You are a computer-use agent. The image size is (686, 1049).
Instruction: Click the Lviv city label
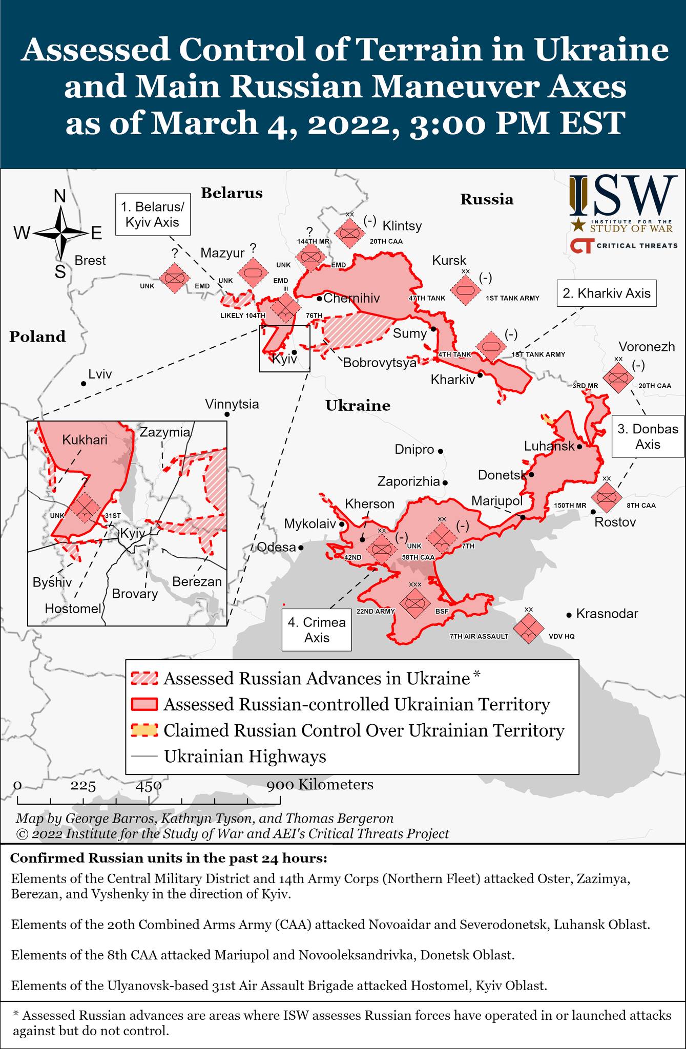tap(100, 374)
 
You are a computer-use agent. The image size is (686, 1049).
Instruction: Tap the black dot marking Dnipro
tap(440, 451)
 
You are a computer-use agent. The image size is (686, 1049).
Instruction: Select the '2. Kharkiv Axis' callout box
tap(607, 293)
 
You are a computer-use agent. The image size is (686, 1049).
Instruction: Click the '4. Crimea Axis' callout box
tap(317, 630)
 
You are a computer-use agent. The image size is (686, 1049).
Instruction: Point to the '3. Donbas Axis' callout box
tap(648, 436)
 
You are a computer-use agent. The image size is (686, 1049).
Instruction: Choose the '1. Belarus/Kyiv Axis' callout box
tap(153, 215)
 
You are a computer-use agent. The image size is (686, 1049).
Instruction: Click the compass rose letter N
tap(60, 196)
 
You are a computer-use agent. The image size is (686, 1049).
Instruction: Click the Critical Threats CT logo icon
tap(581, 246)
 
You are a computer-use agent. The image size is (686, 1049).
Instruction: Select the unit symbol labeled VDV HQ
tap(528, 628)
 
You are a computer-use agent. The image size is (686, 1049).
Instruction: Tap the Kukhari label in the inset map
tap(85, 439)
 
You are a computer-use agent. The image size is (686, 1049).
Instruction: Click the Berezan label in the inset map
tap(197, 582)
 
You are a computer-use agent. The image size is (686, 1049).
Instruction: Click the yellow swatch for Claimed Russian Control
tap(144, 730)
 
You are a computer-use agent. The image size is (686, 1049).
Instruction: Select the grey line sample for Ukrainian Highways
tap(144, 757)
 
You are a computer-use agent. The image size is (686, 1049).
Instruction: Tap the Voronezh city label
tap(647, 347)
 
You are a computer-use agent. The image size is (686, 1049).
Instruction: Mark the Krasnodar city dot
tap(569, 615)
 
